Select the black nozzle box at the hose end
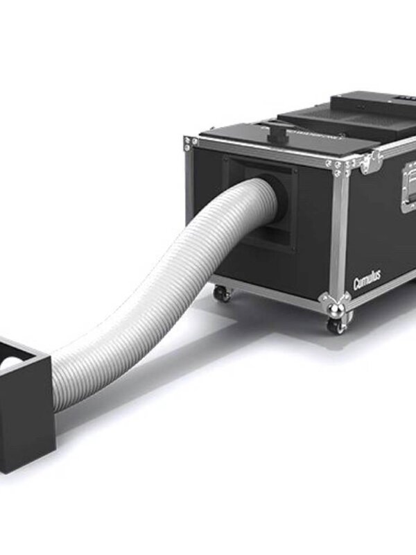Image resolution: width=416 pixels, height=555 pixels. tap(26, 402)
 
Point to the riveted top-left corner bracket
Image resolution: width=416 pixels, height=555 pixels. tap(189, 144)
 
